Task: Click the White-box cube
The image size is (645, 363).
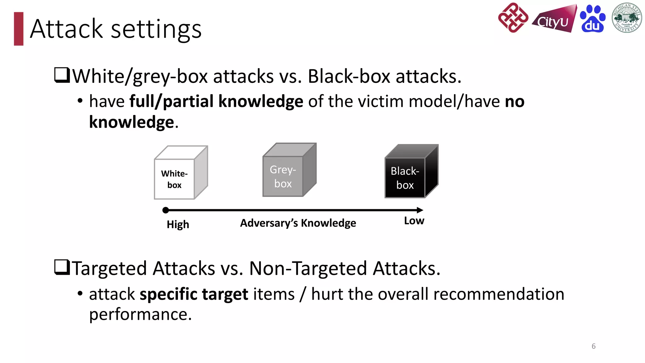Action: coord(180,173)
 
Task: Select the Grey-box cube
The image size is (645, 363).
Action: coord(289,170)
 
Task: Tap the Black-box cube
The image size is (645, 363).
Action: coord(411,172)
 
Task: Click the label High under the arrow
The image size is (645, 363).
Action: coord(178,224)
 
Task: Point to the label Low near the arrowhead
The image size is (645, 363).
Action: coord(414,221)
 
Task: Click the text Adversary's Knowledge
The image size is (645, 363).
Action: coord(298,223)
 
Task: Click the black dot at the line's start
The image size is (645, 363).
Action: coord(166,210)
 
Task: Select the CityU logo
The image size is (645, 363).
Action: coord(554,20)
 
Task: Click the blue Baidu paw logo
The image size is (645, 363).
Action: coord(592,19)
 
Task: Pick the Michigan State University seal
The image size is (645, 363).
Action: coord(626,18)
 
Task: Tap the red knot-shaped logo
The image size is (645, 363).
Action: coord(513,18)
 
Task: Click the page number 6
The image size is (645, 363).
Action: coord(593,346)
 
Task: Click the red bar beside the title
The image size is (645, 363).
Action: coord(19,29)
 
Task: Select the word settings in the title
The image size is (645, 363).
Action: coord(156,29)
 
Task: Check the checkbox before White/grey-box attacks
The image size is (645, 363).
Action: coord(62,75)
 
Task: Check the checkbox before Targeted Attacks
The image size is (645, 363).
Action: coord(62,267)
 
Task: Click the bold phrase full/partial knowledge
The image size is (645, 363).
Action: coord(216,101)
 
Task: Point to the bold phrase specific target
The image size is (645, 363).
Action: coord(194,294)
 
